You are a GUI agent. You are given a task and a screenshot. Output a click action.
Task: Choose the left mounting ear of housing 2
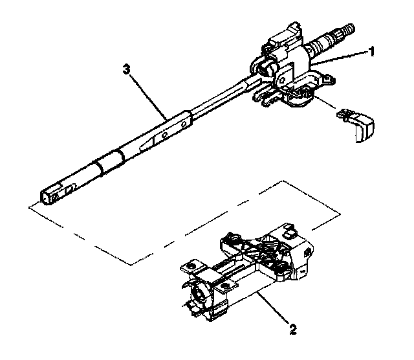190,265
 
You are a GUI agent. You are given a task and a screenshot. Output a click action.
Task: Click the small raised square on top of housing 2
288,230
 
